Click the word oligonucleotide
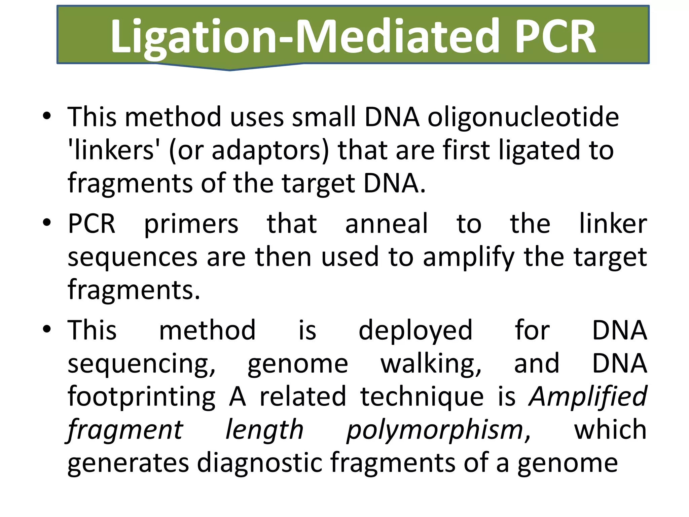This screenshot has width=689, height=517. [523, 117]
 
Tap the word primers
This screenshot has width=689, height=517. [191, 224]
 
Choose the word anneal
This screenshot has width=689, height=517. [387, 224]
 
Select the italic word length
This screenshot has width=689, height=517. [264, 430]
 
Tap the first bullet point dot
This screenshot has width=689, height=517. [47, 116]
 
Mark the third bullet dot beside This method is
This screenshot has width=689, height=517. [47, 329]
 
